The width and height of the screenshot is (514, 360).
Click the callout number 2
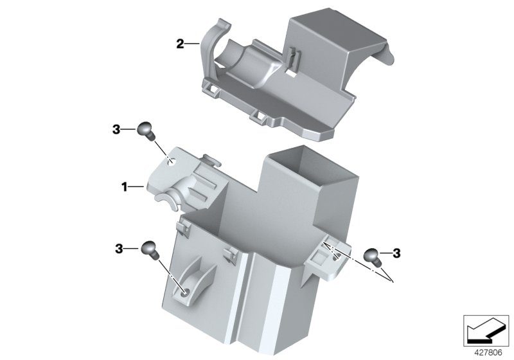181,44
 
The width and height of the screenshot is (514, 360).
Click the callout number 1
124,187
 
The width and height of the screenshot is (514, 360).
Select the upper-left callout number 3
116,129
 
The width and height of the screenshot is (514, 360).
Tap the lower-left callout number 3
119,249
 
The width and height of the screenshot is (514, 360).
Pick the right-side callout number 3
396,253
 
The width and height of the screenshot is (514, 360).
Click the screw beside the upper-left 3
146,130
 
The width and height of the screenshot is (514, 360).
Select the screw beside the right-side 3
373,256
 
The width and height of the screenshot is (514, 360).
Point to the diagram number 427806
488,353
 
